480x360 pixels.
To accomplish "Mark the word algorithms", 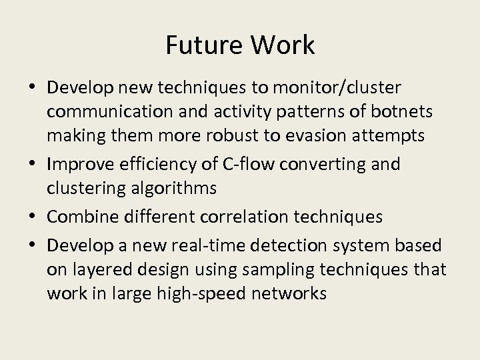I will (169, 189).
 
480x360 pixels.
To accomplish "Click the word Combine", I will (81, 217).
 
